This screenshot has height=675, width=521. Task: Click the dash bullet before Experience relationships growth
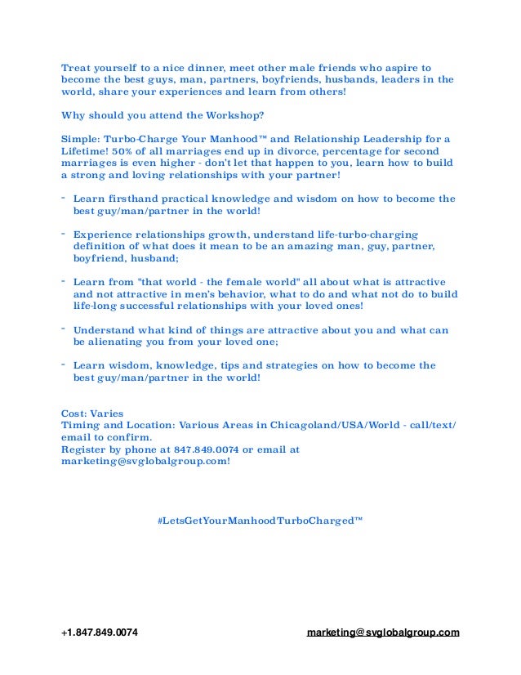[x=65, y=233]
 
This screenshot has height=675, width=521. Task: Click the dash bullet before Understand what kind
[x=65, y=329]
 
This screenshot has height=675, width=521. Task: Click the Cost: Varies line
[x=92, y=413]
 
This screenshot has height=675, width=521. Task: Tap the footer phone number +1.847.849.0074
[x=100, y=633]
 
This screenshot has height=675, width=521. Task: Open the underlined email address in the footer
[x=382, y=633]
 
